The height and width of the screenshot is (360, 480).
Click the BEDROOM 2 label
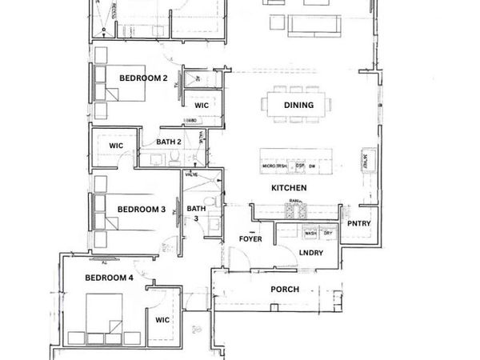pyautogui.click(x=143, y=78)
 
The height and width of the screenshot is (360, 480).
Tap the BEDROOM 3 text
pyautogui.click(x=142, y=210)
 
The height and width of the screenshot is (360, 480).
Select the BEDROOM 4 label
pyautogui.click(x=110, y=278)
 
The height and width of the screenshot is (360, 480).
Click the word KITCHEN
pyautogui.click(x=289, y=188)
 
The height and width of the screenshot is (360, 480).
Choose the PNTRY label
pyautogui.click(x=358, y=223)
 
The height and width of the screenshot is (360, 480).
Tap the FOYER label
pyautogui.click(x=251, y=239)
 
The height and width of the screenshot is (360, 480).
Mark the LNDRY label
pyautogui.click(x=310, y=254)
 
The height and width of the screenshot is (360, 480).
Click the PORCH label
pyautogui.click(x=284, y=290)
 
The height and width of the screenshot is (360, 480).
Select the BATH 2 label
pyautogui.click(x=169, y=142)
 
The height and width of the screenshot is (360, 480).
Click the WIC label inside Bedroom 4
pyautogui.click(x=162, y=321)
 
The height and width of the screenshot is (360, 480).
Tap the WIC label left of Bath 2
pyautogui.click(x=116, y=146)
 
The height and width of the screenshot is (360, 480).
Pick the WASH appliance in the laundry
pyautogui.click(x=310, y=234)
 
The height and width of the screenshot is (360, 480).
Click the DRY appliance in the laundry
pyautogui.click(x=328, y=234)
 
